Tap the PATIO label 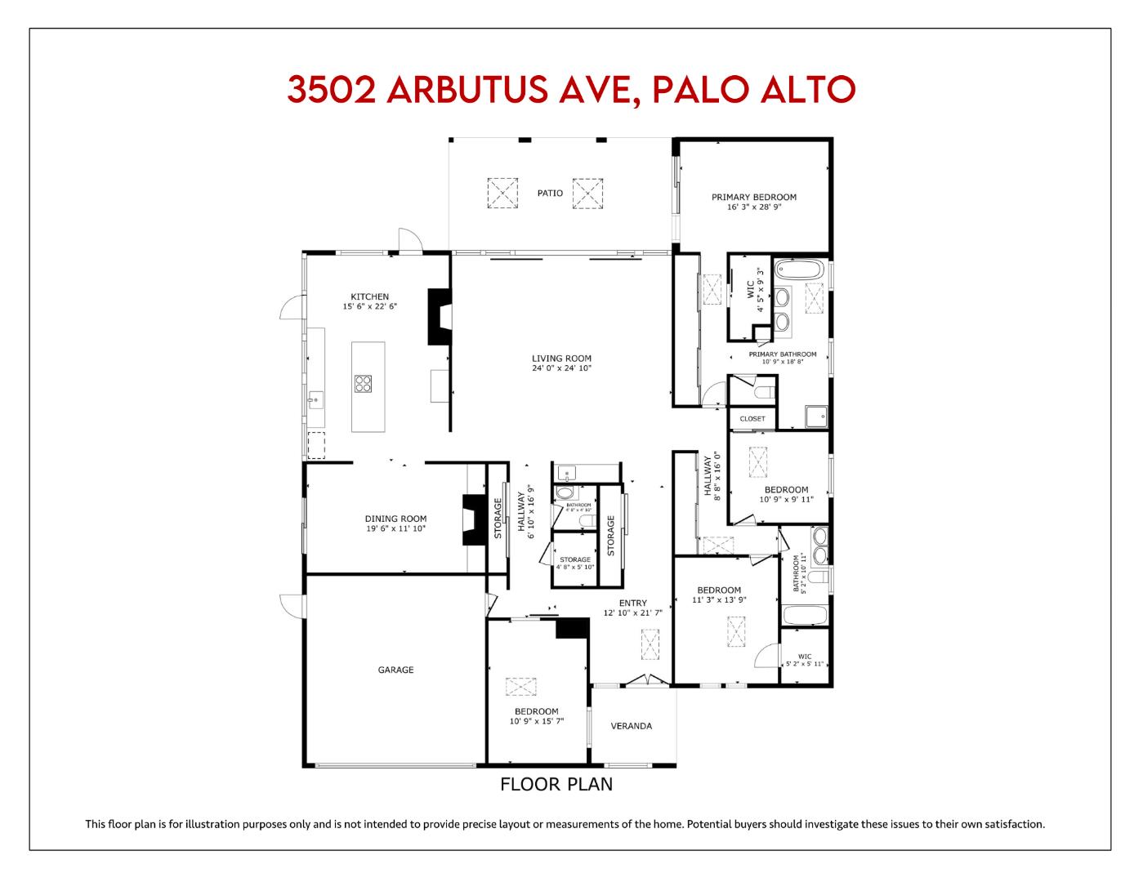pos(550,194)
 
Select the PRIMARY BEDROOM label pos(753,197)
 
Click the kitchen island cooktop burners pos(364,383)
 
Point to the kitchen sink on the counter pos(315,400)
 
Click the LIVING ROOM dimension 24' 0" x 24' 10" pos(561,368)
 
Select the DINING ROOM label pos(395,519)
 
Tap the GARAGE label pos(395,670)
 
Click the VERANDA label pos(632,726)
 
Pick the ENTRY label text pos(632,604)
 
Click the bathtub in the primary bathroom pos(801,269)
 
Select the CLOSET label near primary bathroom pos(752,419)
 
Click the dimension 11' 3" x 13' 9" pos(719,600)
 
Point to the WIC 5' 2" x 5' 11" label pos(805,660)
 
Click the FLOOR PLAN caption pos(556,785)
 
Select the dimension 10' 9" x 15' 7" pos(537,721)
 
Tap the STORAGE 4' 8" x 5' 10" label pos(575,563)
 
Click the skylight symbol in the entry pos(650,644)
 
